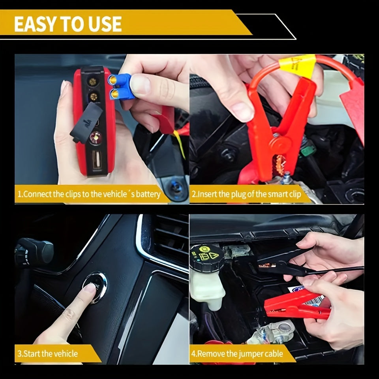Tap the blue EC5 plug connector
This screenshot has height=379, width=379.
coord(120,86)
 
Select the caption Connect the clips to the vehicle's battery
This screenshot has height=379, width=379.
coord(89,194)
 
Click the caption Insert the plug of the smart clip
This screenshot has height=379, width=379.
coord(247,194)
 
